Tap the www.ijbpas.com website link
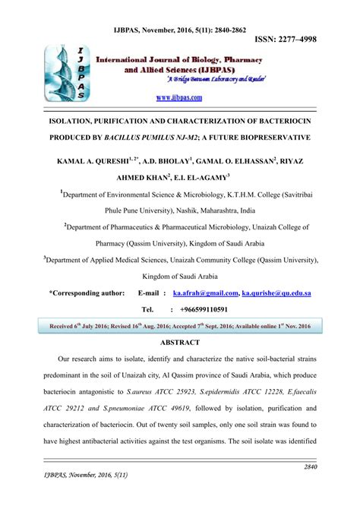pos(179,97)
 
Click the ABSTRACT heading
pos(180,343)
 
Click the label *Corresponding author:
pos(86,292)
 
